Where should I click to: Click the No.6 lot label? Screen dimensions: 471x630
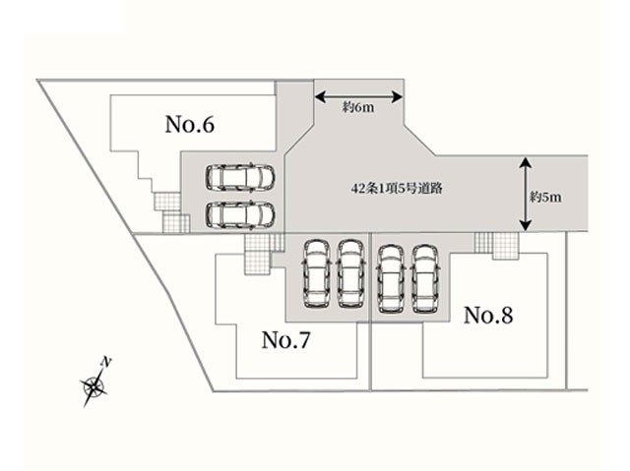click(x=190, y=125)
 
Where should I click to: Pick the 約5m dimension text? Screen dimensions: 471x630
click(x=544, y=197)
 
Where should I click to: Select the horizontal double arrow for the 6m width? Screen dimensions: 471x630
click(x=358, y=95)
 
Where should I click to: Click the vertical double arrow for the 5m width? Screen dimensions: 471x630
click(x=525, y=194)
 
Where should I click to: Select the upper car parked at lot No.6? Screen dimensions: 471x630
click(x=239, y=177)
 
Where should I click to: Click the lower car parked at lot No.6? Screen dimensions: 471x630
click(x=239, y=213)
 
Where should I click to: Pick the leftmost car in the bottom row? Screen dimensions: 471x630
click(x=317, y=270)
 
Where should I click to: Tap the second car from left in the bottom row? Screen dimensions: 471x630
click(x=350, y=270)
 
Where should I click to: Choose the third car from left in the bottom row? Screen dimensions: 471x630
click(x=390, y=276)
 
